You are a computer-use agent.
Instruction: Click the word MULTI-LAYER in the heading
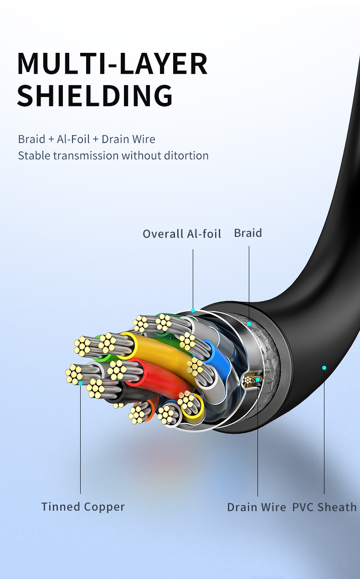coord(112,64)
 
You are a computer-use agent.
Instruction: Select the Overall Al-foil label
coord(182,234)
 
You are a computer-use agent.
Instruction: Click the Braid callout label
coord(248,233)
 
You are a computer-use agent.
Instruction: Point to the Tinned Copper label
coord(83,507)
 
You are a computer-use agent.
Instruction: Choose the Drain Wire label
coord(257,507)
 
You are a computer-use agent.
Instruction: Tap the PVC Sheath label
coord(324,507)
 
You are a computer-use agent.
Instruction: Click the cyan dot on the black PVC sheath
coord(324,368)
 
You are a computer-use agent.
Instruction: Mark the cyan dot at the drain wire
coord(257,380)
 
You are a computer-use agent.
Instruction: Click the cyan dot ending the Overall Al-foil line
coord(193,310)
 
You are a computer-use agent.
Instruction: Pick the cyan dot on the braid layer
coord(249,323)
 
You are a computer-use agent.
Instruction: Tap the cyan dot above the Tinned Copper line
coord(81,383)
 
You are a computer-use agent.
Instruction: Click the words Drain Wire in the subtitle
coord(128,139)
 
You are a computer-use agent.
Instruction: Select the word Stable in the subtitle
coord(34,156)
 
